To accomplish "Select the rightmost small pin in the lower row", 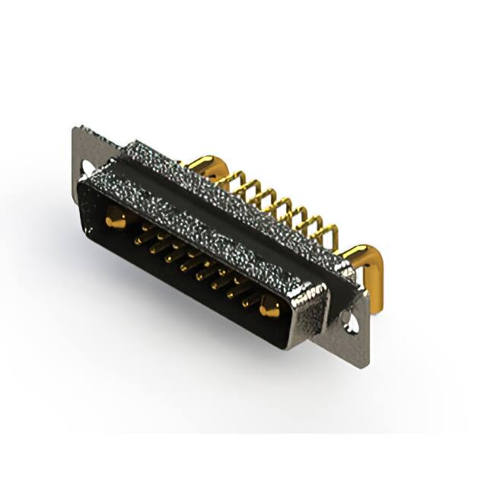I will point(245,302).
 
